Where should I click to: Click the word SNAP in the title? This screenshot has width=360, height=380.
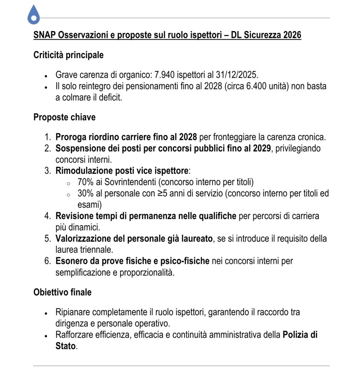pos(43,35)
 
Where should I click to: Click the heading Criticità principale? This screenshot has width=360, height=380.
pos(68,55)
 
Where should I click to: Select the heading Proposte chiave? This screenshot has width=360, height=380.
pos(64,117)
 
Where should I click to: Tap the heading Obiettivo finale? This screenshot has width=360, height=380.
pos(62,292)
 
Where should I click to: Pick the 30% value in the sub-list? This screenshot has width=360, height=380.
pos(85,194)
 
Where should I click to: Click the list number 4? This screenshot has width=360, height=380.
pos(48,216)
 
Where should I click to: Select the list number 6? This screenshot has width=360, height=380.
pos(48,261)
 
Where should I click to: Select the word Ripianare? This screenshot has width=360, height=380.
pos(73,312)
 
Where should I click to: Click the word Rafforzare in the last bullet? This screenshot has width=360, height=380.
pos(73,335)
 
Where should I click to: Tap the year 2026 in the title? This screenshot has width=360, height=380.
pos(292,35)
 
